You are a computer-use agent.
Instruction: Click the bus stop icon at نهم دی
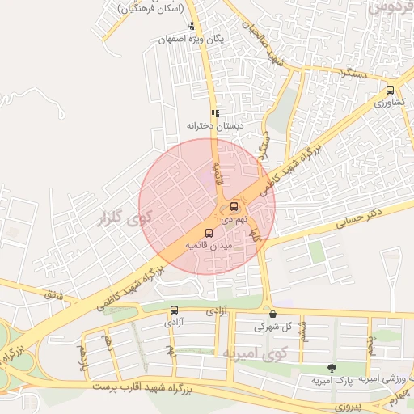[x=234, y=206]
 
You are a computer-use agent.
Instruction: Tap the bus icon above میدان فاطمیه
[x=209, y=233]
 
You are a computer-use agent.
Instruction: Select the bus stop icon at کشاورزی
[x=391, y=91]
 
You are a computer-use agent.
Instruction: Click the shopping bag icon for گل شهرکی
[x=272, y=314]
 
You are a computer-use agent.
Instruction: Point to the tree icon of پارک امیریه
[x=330, y=367]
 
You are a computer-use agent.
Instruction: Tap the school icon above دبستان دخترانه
[x=215, y=114]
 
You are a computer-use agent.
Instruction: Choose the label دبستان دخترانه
[x=215, y=126]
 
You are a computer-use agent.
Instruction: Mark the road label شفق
[x=55, y=297]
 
